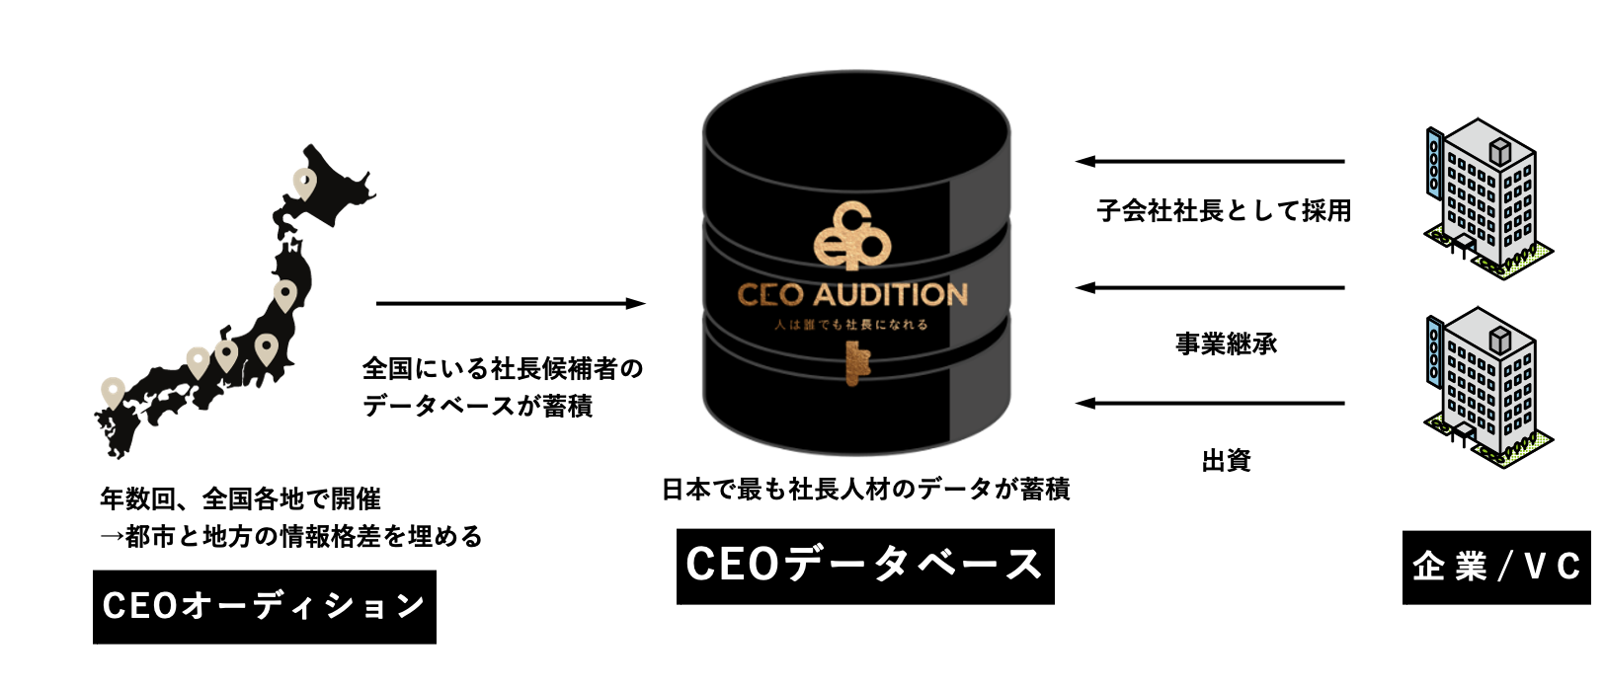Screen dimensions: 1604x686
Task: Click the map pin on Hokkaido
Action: tap(304, 182)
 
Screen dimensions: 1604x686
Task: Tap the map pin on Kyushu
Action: tap(113, 393)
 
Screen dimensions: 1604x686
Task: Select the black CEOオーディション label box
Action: tap(265, 606)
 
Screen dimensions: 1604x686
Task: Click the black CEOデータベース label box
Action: tap(865, 566)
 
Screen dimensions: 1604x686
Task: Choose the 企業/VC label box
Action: tap(1496, 567)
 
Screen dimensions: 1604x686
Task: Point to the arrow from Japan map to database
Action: tap(511, 304)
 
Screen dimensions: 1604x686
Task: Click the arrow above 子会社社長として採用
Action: tap(1210, 161)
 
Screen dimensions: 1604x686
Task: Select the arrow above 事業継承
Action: tap(1210, 288)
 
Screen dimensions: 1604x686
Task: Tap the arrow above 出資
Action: tap(1210, 403)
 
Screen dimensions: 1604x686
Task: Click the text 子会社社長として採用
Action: tap(1225, 210)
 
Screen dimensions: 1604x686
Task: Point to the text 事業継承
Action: tap(1227, 343)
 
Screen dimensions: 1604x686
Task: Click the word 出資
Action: tap(1227, 460)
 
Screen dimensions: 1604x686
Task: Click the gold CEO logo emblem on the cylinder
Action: tap(851, 237)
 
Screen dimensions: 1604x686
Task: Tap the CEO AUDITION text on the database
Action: tap(852, 294)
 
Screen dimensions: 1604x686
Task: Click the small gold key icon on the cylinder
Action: tap(852, 362)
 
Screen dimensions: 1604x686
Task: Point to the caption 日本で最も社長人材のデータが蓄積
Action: tap(865, 489)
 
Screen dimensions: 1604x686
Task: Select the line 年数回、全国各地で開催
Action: tap(240, 498)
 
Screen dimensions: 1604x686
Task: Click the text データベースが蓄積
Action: tap(477, 406)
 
